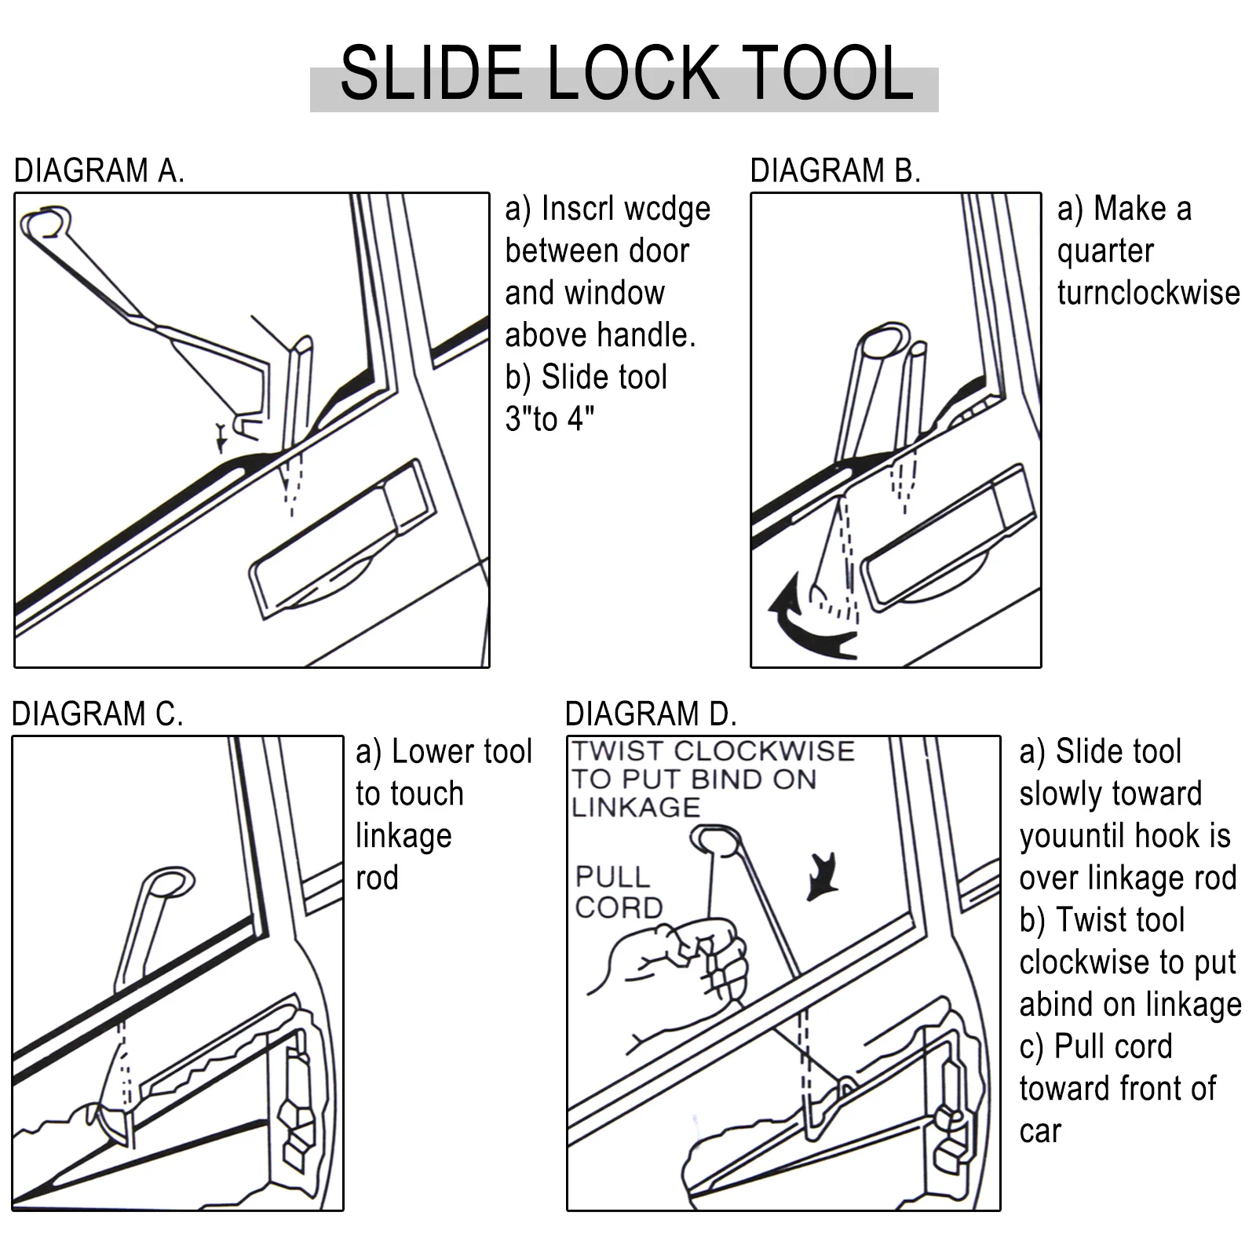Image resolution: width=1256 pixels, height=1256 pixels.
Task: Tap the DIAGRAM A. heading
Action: (99, 171)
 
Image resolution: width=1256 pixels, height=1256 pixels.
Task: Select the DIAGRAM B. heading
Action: (834, 171)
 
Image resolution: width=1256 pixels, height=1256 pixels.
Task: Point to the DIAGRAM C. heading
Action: (97, 714)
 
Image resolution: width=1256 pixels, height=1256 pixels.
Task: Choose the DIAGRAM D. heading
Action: (651, 714)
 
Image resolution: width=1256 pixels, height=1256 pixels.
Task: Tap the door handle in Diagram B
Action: (946, 538)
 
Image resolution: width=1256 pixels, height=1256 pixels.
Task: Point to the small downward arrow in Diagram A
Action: (222, 436)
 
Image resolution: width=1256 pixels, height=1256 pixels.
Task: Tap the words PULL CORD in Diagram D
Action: (619, 892)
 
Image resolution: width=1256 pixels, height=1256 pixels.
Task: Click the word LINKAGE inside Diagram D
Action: (636, 807)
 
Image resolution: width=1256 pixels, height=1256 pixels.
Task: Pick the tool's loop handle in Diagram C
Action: (170, 882)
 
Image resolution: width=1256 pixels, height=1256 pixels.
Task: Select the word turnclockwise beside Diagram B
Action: (1148, 293)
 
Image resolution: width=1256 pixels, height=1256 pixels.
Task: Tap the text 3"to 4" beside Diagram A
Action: (549, 419)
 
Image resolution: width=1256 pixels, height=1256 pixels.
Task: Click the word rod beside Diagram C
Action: (377, 878)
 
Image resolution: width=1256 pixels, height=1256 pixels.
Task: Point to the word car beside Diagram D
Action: (1040, 1131)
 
